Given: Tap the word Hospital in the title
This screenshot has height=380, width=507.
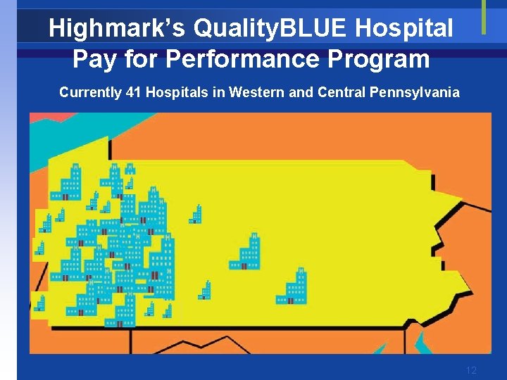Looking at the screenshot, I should click(x=405, y=29).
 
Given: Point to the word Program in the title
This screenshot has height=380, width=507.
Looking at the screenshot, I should click(x=385, y=59).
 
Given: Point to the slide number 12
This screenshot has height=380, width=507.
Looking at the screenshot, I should click(x=471, y=370).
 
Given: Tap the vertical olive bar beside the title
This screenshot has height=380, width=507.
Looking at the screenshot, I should click(x=484, y=17).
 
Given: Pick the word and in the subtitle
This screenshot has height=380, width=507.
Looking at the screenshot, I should click(x=296, y=92).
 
